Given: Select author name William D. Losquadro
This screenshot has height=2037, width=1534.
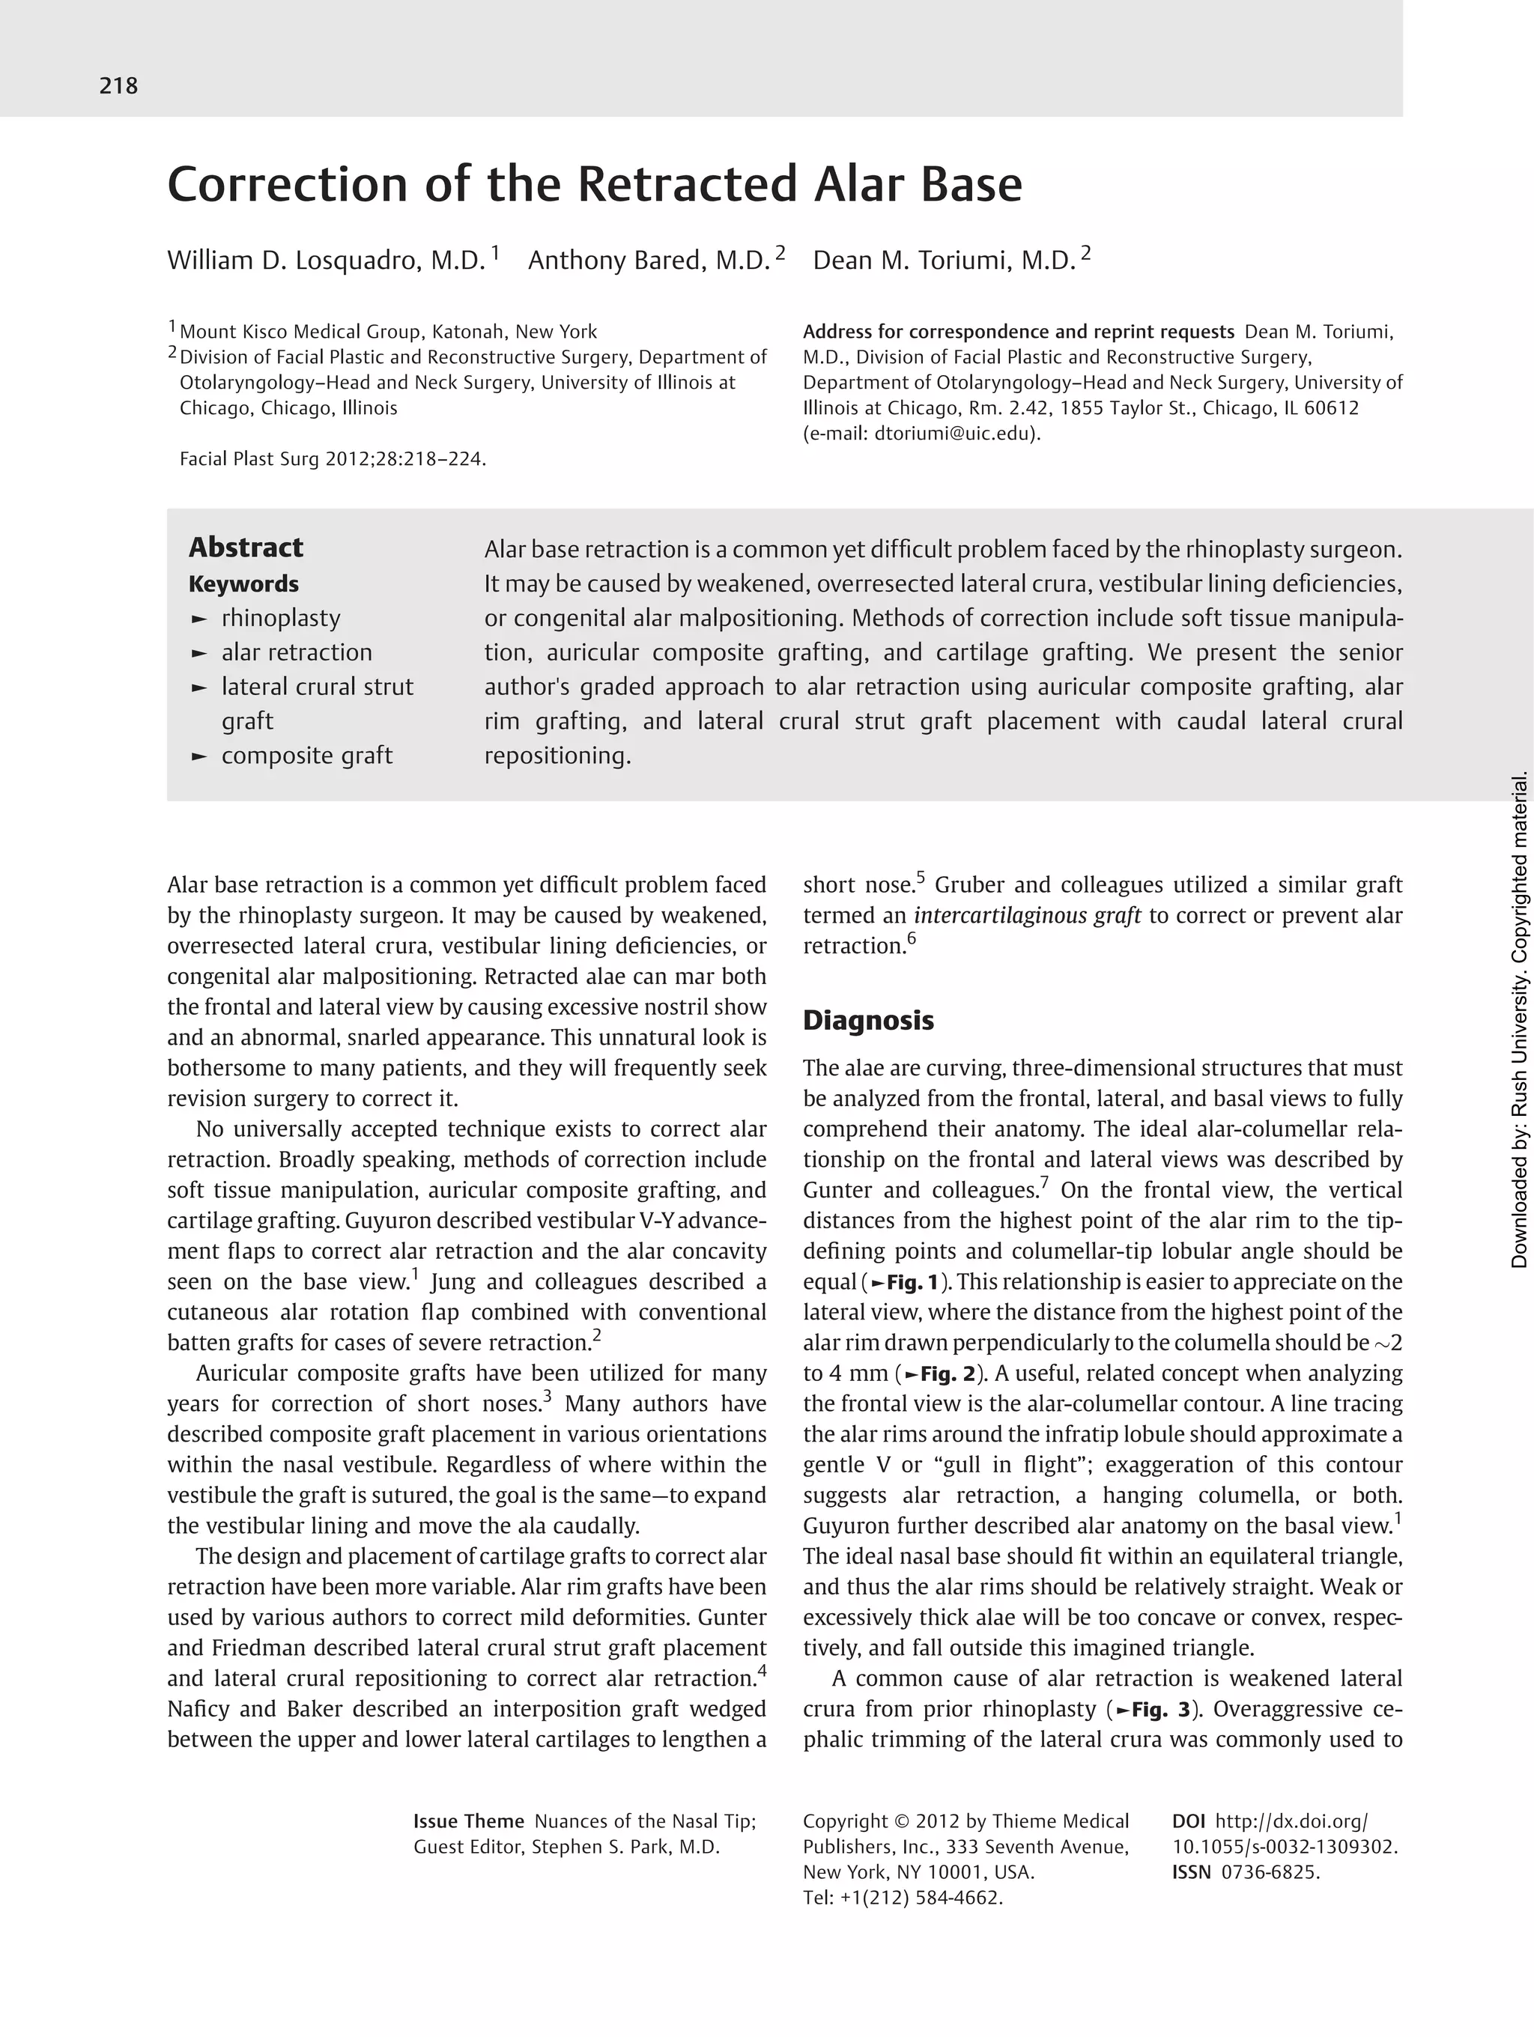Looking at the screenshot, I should tap(325, 261).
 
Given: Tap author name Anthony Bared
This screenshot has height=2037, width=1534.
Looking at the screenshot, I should tap(648, 261).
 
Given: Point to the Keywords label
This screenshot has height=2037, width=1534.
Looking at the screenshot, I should tap(244, 584).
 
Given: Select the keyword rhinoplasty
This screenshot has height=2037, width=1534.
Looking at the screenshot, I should tap(281, 618).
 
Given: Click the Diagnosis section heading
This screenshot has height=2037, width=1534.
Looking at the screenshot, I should tap(868, 1019).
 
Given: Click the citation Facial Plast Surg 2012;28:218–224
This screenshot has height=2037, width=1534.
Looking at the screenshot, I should tap(333, 458).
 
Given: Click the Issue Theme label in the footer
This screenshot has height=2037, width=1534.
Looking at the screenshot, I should tap(469, 1821).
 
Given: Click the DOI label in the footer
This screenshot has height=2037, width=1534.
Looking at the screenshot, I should tap(1188, 1821).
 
